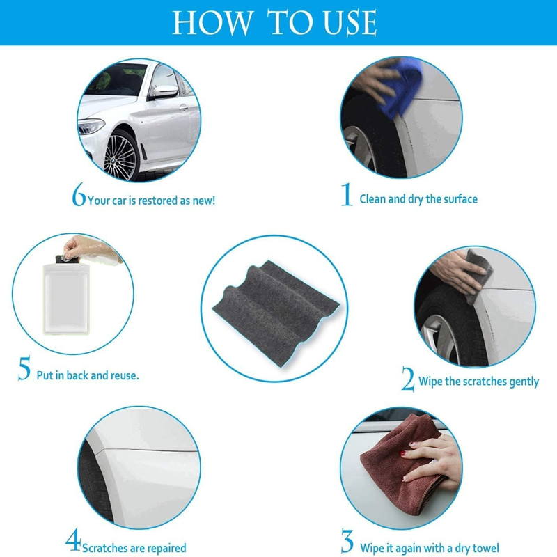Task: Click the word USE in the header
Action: click(x=350, y=23)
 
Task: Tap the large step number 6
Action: click(x=79, y=194)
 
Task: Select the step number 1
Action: click(x=347, y=194)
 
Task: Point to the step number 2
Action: click(x=408, y=379)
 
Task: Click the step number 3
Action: click(x=347, y=541)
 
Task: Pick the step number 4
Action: click(x=74, y=540)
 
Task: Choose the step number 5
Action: click(x=24, y=368)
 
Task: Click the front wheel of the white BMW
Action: click(x=121, y=156)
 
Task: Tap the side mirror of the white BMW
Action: click(x=165, y=92)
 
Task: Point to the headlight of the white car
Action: click(x=91, y=126)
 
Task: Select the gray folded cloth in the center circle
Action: click(x=275, y=313)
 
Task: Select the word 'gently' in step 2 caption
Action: click(x=524, y=382)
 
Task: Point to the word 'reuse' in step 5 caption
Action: click(x=124, y=375)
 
